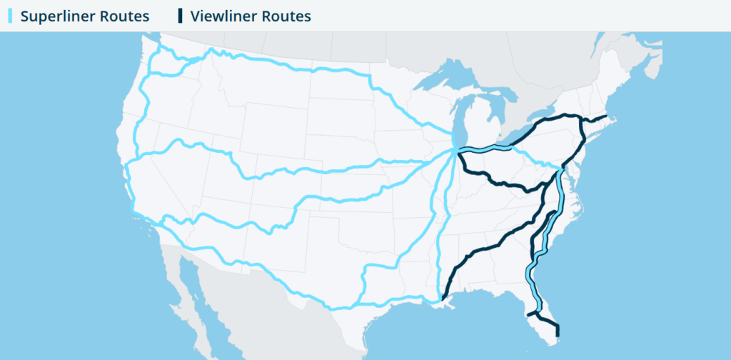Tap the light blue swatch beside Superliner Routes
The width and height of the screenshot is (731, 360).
pos(10,16)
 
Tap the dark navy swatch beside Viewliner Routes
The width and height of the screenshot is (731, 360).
pos(181,16)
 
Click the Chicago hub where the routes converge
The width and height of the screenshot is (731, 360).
pos(455,149)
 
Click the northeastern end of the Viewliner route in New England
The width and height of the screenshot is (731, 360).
pos(607,116)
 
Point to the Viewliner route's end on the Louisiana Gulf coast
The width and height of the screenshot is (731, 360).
pos(443,297)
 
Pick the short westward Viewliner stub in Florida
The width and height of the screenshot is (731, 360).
pos(532,313)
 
